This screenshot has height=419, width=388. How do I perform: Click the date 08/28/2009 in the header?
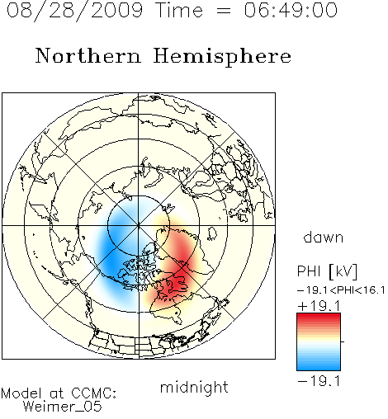pyautogui.click(x=74, y=11)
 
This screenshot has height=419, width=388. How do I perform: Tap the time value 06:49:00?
pyautogui.click(x=291, y=10)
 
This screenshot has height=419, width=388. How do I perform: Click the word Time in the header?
pyautogui.click(x=180, y=10)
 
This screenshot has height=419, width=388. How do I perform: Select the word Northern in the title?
pyautogui.click(x=88, y=55)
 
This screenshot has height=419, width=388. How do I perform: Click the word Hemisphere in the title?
pyautogui.click(x=222, y=57)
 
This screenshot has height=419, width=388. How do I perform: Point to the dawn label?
pyautogui.click(x=324, y=237)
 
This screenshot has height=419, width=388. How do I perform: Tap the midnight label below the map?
pyautogui.click(x=194, y=387)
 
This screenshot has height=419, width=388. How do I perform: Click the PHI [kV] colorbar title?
pyautogui.click(x=327, y=271)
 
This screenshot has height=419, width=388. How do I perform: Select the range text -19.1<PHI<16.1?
pyautogui.click(x=341, y=290)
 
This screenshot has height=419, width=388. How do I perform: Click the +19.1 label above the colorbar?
pyautogui.click(x=319, y=306)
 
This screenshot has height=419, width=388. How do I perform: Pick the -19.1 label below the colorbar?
pyautogui.click(x=319, y=381)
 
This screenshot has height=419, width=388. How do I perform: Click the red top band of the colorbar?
pyautogui.click(x=319, y=316)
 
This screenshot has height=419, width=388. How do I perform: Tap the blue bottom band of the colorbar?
pyautogui.click(x=319, y=367)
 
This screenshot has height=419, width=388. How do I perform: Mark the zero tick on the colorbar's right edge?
pyautogui.click(x=343, y=341)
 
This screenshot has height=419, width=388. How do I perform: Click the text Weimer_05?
pyautogui.click(x=63, y=407)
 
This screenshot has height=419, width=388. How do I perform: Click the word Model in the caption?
pyautogui.click(x=21, y=393)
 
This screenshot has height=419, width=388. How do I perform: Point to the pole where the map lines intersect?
pyautogui.click(x=139, y=225)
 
